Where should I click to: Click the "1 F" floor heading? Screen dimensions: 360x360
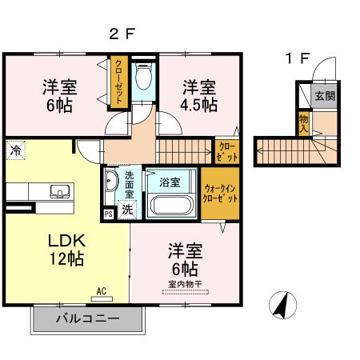(298, 58)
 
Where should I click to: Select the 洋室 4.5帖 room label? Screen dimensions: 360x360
(198, 94)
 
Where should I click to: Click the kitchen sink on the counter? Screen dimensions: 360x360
(58, 191)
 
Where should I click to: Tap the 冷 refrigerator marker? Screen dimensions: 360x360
(15, 150)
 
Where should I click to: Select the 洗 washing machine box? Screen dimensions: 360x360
(126, 210)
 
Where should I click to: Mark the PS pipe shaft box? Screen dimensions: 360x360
(108, 214)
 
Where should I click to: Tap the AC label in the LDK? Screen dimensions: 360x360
(102, 291)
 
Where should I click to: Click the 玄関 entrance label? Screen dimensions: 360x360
(324, 97)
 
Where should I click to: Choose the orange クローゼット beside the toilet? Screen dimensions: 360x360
(118, 82)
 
